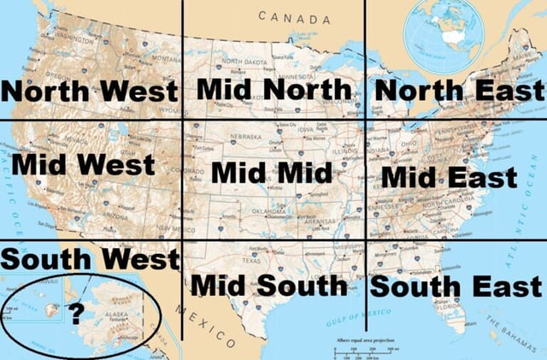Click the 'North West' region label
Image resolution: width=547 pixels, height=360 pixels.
(90, 90)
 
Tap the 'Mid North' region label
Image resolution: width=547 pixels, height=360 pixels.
(273, 89)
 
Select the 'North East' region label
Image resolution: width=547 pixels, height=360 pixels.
(458, 90)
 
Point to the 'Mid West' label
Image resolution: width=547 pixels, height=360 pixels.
(85, 163)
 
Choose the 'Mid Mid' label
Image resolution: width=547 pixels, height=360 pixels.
(271, 172)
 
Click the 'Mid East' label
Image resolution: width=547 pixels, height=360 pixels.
(449, 177)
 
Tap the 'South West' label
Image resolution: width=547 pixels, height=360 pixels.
(90, 257)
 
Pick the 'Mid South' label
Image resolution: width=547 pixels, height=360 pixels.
(269, 286)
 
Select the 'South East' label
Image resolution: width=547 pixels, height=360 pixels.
(456, 286)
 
